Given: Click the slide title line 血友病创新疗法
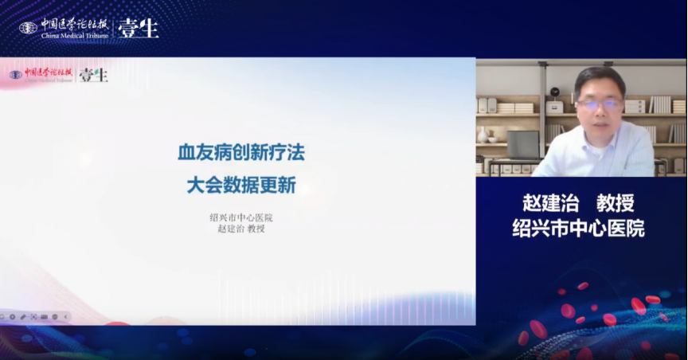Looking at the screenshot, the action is pyautogui.click(x=241, y=153).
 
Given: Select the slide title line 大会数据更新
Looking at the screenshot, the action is pyautogui.click(x=241, y=186).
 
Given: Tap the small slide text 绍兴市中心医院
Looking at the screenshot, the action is pyautogui.click(x=241, y=217).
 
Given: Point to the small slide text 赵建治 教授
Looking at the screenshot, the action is pyautogui.click(x=241, y=229).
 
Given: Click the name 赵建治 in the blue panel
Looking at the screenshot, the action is pyautogui.click(x=551, y=203).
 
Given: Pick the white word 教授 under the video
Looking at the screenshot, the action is pyautogui.click(x=616, y=203).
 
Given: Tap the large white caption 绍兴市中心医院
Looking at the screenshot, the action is pyautogui.click(x=578, y=229).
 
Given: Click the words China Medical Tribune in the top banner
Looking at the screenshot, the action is pyautogui.click(x=75, y=36).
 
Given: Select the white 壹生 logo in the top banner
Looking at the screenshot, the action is pyautogui.click(x=139, y=29).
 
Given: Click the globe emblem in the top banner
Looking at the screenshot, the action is pyautogui.click(x=28, y=28).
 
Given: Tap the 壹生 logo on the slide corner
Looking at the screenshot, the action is pyautogui.click(x=93, y=75).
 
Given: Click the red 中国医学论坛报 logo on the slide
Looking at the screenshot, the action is pyautogui.click(x=48, y=72).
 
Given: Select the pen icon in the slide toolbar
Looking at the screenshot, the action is pyautogui.click(x=23, y=316).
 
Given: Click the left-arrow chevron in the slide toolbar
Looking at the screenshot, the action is pyautogui.click(x=65, y=316).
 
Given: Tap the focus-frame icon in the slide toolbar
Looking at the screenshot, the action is pyautogui.click(x=33, y=316).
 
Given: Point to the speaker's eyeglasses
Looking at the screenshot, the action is pyautogui.click(x=600, y=104).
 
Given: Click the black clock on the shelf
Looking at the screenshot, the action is pyautogui.click(x=555, y=92).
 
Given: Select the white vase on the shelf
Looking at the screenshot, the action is pyautogui.click(x=483, y=135).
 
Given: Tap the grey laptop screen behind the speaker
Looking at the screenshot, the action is pyautogui.click(x=523, y=145).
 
